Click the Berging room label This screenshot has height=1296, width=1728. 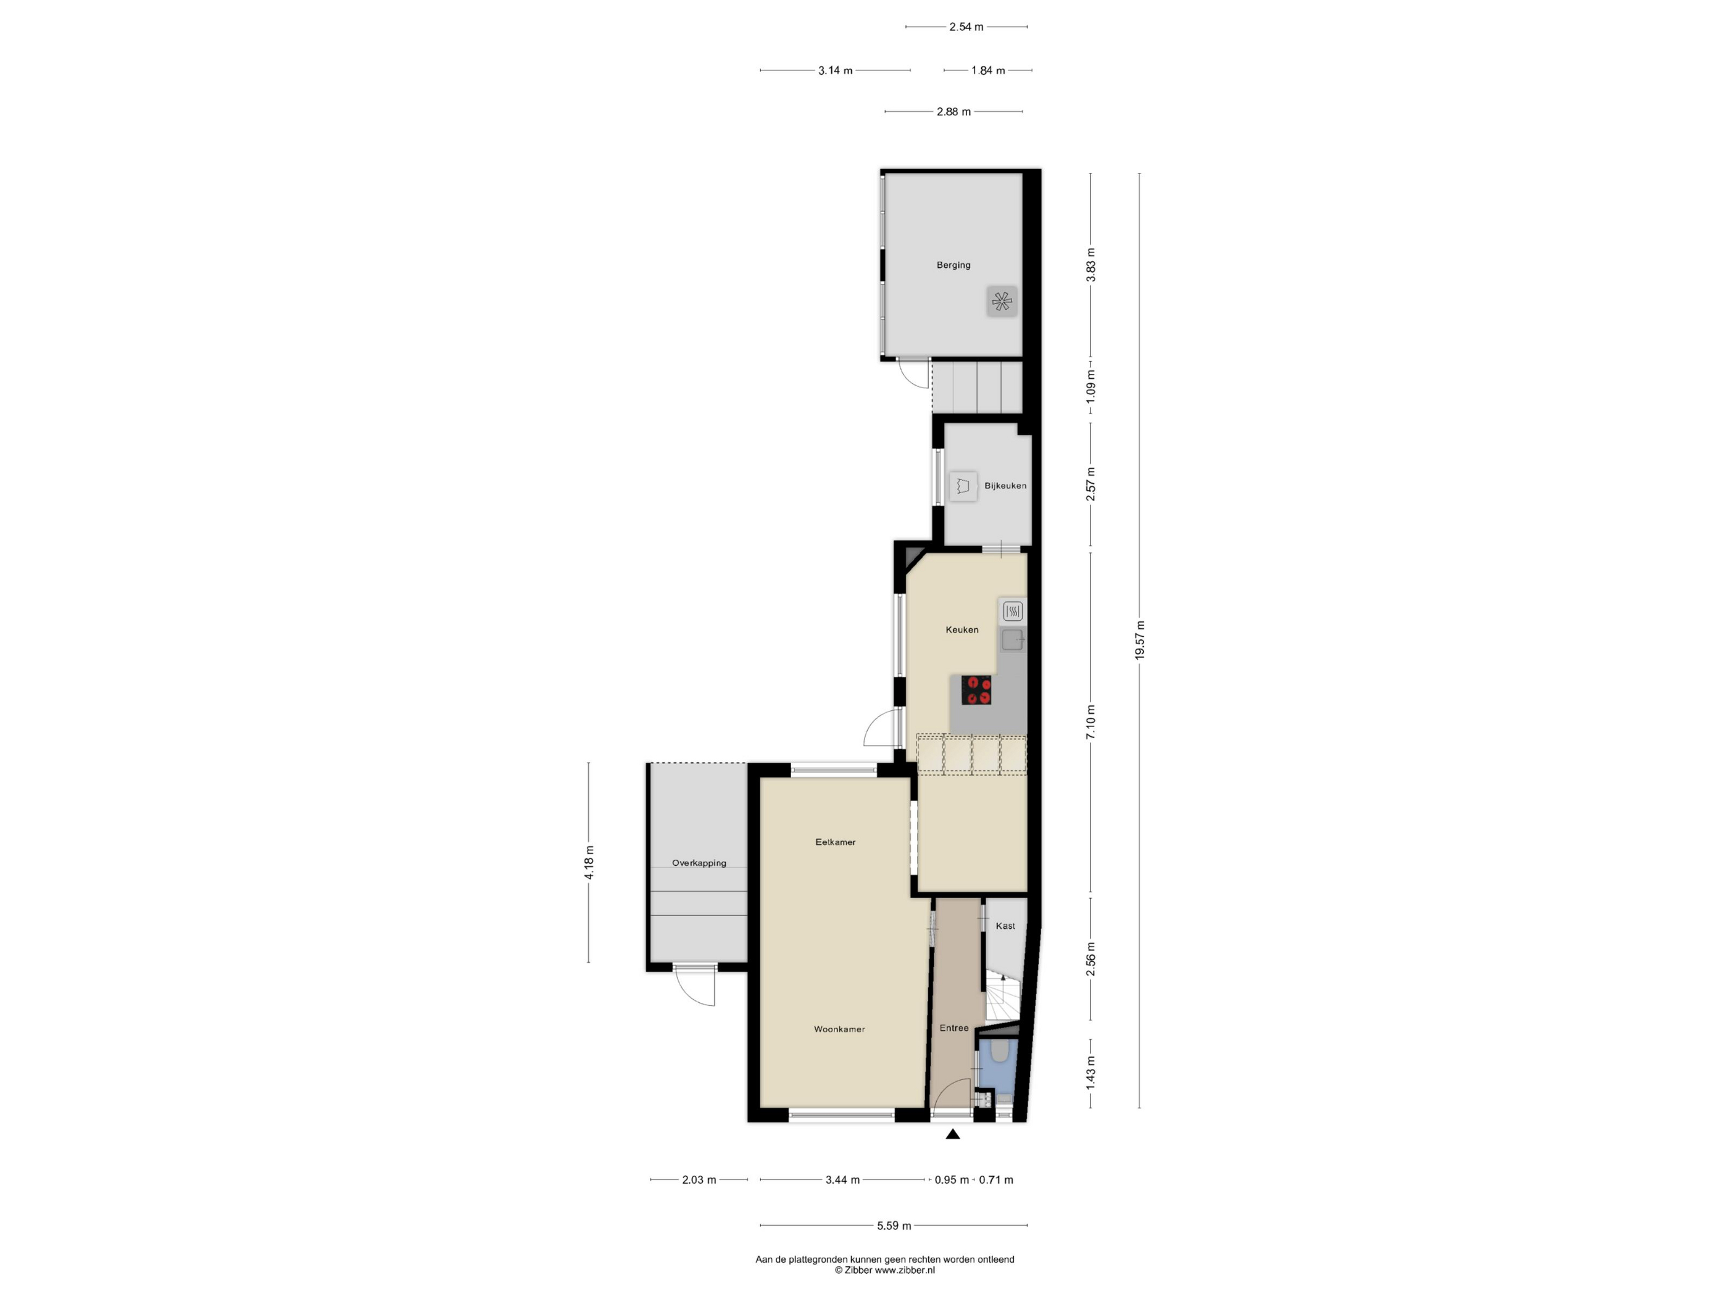pos(953,265)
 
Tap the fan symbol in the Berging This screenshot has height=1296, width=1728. pos(1002,301)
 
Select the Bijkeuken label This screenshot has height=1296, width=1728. pos(1005,485)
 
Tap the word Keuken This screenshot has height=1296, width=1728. pos(962,629)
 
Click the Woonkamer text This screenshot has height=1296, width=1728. pos(839,1029)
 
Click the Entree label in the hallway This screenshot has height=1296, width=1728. pos(954,1028)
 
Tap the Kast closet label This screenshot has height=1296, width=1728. pos(1005,926)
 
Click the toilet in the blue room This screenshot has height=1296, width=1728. pos(999,1052)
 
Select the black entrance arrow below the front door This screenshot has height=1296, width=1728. pos(952,1134)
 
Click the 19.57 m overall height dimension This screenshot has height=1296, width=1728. pos(1140,640)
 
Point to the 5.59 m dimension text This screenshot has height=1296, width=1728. pos(894,1226)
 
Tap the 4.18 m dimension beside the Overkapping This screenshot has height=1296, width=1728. pos(589,862)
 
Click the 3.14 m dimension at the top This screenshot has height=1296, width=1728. pos(835,70)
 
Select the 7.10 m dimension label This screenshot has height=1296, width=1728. pos(1091,722)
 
